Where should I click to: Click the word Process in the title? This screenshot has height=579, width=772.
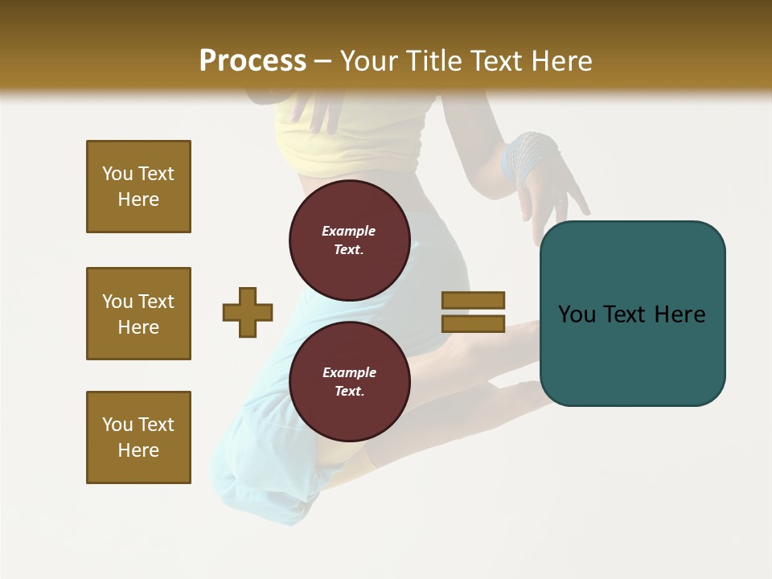coord(253,60)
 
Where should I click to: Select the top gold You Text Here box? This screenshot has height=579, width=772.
coord(138,187)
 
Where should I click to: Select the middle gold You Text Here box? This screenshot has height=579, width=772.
coord(138,314)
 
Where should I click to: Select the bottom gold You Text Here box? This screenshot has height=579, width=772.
coord(138,437)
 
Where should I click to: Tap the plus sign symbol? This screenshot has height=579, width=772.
coord(248,312)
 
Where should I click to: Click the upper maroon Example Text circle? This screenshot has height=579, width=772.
coord(349,240)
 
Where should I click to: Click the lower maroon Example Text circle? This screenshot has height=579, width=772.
coord(349,381)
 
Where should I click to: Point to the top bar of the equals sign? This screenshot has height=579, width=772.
coord(473,300)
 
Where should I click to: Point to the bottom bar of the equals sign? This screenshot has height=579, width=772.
coord(473,323)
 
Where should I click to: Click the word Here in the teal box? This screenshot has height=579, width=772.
coord(680,314)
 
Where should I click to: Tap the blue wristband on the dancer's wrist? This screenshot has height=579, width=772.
coord(528,154)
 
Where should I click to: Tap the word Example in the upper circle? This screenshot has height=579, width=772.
coord(349,231)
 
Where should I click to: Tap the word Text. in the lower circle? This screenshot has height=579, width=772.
coord(349,391)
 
